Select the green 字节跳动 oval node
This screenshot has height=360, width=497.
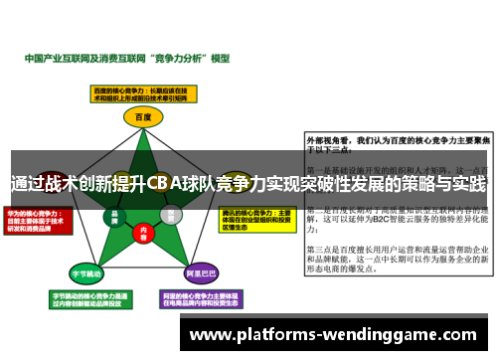coord(86,270)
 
